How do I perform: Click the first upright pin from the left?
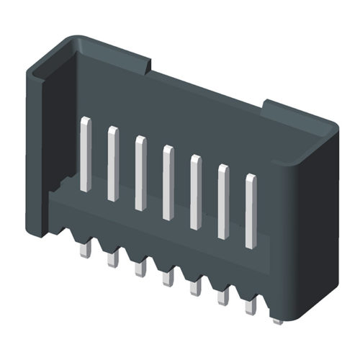(86, 154)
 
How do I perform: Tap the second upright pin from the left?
(113, 163)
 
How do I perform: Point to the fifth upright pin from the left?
(195, 192)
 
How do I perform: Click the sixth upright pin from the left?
(223, 202)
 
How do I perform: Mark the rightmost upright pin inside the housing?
(251, 211)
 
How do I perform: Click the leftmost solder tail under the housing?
(84, 249)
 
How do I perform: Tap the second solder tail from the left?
(112, 258)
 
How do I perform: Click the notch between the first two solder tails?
(98, 241)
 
